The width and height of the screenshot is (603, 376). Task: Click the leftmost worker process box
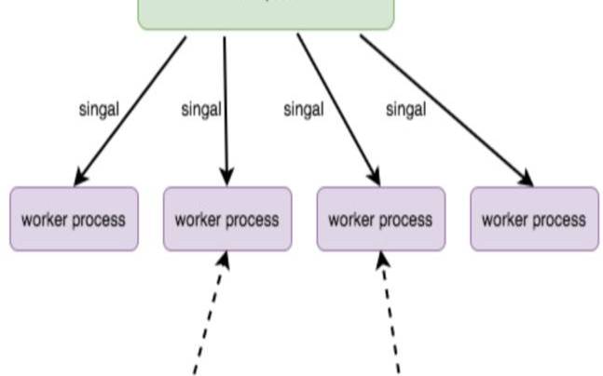(x=74, y=220)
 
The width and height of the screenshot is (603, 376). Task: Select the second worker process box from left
(x=227, y=220)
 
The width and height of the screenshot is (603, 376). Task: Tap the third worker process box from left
(x=380, y=220)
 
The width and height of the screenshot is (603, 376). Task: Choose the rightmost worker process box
(x=534, y=220)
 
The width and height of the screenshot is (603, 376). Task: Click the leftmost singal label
(x=99, y=109)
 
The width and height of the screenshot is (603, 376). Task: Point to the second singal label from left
(x=200, y=109)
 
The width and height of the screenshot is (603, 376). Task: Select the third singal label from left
(x=303, y=109)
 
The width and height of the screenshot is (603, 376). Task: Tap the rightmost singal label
(x=405, y=109)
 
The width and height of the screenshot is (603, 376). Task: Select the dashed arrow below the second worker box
(x=209, y=316)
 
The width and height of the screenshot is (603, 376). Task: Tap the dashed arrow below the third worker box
(x=391, y=316)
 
